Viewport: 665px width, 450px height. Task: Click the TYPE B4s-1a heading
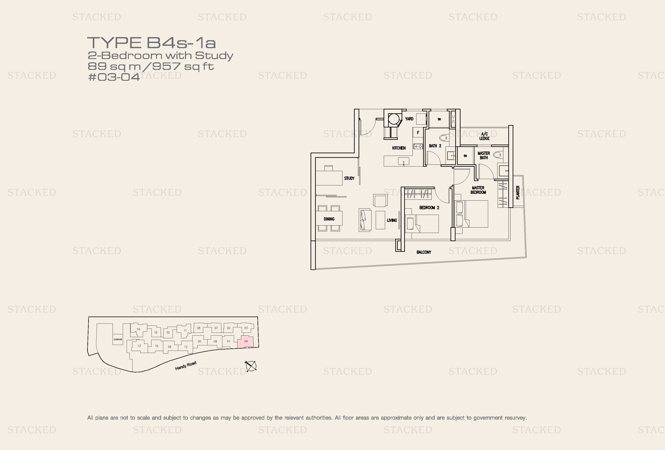pyautogui.click(x=151, y=43)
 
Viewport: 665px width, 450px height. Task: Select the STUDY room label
pyautogui.click(x=349, y=178)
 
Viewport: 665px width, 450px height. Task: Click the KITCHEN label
pyautogui.click(x=399, y=148)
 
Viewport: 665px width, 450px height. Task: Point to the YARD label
pyautogui.click(x=409, y=119)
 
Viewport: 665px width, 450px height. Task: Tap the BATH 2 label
pyautogui.click(x=435, y=146)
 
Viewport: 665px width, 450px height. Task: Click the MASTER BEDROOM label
pyautogui.click(x=478, y=190)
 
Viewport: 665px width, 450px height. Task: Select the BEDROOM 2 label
pyautogui.click(x=429, y=208)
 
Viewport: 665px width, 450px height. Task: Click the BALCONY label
pyautogui.click(x=424, y=252)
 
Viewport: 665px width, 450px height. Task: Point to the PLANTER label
pyautogui.click(x=518, y=192)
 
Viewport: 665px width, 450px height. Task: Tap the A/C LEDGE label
pyautogui.click(x=484, y=136)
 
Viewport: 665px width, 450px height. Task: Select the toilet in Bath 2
pyautogui.click(x=444, y=138)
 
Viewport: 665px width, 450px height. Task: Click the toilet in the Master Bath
pyautogui.click(x=498, y=155)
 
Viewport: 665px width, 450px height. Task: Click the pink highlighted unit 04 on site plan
pyautogui.click(x=246, y=342)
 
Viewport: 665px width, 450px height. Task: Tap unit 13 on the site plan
pyautogui.click(x=139, y=346)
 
